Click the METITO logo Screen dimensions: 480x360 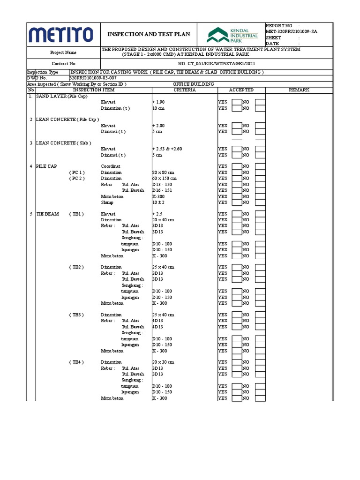click(x=61, y=34)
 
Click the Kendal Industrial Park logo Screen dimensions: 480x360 click(x=233, y=35)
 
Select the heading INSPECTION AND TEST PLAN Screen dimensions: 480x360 click(x=149, y=34)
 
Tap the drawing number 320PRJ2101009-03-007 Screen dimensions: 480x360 click(x=93, y=78)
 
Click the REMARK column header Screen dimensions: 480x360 click(x=299, y=90)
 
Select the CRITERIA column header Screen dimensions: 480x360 click(x=184, y=90)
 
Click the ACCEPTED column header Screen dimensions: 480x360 click(x=241, y=90)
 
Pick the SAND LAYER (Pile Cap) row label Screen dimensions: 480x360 click(x=61, y=96)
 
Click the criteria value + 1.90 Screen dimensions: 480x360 click(x=158, y=102)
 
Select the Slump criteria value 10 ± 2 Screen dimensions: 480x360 click(x=159, y=202)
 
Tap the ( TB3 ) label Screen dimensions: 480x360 click(x=76, y=315)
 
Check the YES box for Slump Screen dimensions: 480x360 click(x=237, y=202)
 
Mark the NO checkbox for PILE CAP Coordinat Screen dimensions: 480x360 click(x=260, y=166)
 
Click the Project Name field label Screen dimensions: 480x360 click(x=63, y=53)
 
